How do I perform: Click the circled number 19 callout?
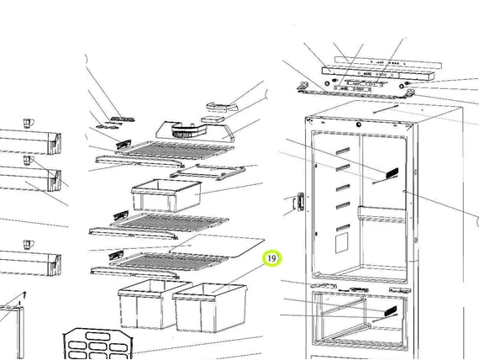tap(271, 258)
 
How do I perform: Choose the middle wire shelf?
tap(168, 224)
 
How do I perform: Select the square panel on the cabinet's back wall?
tap(341, 243)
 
